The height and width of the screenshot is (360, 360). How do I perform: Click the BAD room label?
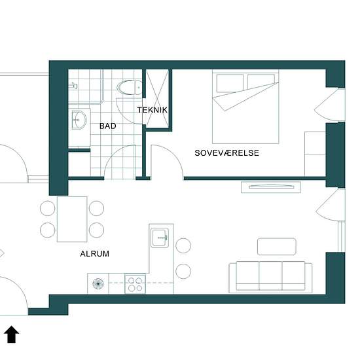tap(108, 126)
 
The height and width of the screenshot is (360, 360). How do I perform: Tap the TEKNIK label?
tap(153, 110)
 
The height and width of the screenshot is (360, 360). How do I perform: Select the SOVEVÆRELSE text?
tap(227, 153)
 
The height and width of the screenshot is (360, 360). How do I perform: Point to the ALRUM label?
tap(95, 254)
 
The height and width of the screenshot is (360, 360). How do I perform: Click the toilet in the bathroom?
tap(129, 88)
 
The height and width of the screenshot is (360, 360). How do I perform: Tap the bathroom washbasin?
tap(79, 120)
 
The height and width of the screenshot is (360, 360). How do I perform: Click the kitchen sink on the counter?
tap(160, 238)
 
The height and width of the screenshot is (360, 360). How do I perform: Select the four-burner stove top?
tap(135, 284)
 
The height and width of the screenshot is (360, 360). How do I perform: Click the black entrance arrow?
tap(12, 334)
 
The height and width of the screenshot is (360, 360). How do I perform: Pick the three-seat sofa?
tap(270, 277)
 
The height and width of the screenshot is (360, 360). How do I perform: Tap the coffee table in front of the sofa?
tap(277, 247)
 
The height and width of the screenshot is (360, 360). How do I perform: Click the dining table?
tap(72, 219)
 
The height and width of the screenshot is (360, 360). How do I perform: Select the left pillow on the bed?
tap(230, 83)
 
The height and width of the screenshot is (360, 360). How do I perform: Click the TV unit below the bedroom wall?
tap(271, 187)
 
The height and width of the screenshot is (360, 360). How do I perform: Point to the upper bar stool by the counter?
tap(183, 245)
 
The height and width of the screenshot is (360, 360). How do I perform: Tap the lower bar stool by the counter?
tap(183, 271)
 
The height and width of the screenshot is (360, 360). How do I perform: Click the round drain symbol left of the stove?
tap(98, 284)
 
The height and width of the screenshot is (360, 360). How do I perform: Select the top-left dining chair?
tap(48, 208)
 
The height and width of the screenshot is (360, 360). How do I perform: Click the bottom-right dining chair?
tap(96, 230)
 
